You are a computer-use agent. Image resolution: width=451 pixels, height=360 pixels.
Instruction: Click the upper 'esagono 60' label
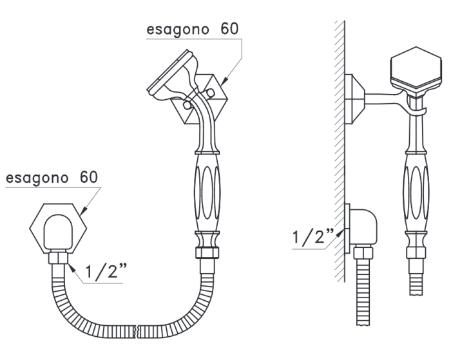click(193, 30)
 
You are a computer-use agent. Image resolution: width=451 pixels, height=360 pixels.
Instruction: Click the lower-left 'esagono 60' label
click(52, 178)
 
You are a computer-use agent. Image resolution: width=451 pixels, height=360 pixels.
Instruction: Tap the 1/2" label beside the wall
click(313, 237)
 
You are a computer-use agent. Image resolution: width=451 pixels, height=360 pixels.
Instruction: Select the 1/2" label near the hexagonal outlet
click(106, 270)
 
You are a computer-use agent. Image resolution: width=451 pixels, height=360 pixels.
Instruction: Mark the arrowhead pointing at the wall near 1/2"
click(340, 232)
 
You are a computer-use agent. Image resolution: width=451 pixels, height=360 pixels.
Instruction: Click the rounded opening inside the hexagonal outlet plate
click(58, 231)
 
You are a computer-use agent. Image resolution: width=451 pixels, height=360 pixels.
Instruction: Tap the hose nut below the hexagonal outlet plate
click(58, 258)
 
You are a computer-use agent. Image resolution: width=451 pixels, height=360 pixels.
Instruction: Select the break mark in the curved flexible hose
click(137, 332)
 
